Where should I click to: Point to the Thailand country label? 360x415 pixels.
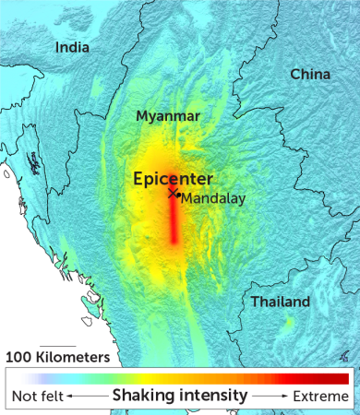[x=280, y=302]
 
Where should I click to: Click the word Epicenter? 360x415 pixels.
[x=173, y=178]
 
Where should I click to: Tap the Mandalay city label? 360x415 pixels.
[x=211, y=198]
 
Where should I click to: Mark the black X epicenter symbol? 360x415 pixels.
[x=172, y=194]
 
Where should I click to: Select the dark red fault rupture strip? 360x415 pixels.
[x=174, y=221]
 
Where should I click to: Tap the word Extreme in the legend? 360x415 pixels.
[x=320, y=397]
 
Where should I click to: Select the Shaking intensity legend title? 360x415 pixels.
[x=180, y=396]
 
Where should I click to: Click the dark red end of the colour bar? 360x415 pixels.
[x=340, y=378]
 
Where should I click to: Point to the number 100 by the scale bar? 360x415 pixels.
[x=19, y=356]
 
